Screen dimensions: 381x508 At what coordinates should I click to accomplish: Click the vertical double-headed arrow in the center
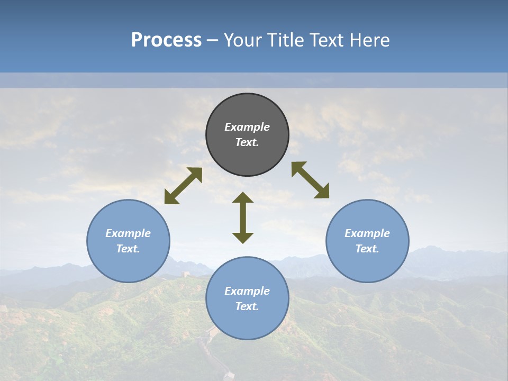click(x=243, y=217)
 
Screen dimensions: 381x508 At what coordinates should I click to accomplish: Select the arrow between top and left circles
click(x=183, y=186)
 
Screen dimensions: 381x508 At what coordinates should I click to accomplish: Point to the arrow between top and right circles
click(x=310, y=180)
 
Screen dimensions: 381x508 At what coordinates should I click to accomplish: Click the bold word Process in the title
click(x=166, y=40)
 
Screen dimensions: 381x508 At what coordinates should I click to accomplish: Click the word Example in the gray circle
click(x=247, y=127)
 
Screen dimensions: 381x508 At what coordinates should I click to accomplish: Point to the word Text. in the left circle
click(x=128, y=249)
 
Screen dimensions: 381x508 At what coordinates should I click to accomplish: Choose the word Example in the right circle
click(x=367, y=233)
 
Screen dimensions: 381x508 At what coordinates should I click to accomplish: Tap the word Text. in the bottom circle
click(x=247, y=306)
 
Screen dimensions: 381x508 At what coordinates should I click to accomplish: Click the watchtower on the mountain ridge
click(x=185, y=274)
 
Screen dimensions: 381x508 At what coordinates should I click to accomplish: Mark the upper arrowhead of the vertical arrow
click(x=243, y=197)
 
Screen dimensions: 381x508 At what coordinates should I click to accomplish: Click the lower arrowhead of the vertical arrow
click(x=243, y=238)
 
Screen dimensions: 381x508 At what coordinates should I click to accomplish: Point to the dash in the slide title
click(x=213, y=40)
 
